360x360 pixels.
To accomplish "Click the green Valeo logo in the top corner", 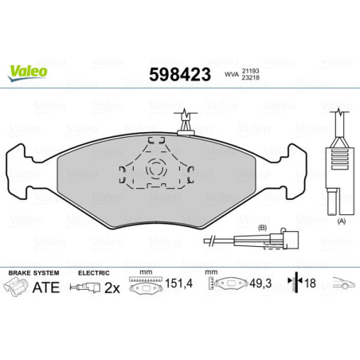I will pyautogui.click(x=28, y=71).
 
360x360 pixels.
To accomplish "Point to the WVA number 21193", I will pyautogui.click(x=252, y=70).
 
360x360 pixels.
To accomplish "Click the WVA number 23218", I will pyautogui.click(x=252, y=78).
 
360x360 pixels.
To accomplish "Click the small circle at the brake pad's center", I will pyautogui.click(x=156, y=168).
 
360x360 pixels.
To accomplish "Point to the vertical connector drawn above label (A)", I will pyautogui.click(x=341, y=151).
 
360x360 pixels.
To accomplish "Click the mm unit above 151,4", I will pyautogui.click(x=144, y=272).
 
